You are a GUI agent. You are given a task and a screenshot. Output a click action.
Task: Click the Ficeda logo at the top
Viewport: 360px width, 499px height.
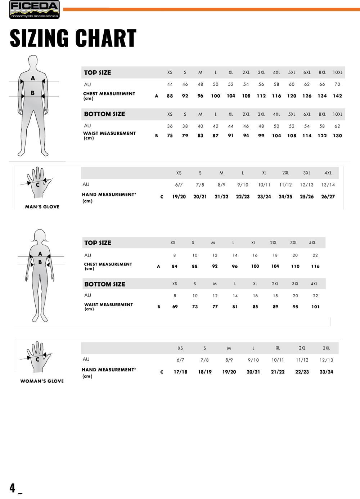tap(34, 10)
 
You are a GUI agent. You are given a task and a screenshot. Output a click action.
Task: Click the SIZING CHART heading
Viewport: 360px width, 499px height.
tap(73, 38)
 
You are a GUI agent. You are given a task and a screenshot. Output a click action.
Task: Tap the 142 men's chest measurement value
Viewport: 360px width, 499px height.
tap(337, 96)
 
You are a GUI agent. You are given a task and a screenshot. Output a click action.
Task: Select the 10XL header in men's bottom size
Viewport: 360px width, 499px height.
tap(337, 114)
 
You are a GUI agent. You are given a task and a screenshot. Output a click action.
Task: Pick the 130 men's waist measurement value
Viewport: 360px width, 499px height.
tap(337, 136)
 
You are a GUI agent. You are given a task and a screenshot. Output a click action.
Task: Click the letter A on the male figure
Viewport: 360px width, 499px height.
tap(33, 78)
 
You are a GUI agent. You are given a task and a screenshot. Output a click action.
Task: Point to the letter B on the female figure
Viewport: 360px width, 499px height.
tap(40, 262)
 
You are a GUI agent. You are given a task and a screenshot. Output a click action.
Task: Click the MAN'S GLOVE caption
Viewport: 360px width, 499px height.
tap(42, 207)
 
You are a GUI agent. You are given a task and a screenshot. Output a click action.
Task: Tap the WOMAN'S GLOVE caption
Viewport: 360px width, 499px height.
tap(42, 381)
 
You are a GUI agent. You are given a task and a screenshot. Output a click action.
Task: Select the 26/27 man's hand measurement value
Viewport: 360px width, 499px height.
tap(328, 197)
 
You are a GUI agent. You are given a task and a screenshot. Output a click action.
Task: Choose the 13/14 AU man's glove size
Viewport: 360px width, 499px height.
tap(328, 185)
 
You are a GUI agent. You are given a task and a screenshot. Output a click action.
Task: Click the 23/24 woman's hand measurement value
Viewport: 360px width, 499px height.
tap(326, 372)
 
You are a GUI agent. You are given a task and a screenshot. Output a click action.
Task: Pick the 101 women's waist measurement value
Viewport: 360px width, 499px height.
tap(315, 307)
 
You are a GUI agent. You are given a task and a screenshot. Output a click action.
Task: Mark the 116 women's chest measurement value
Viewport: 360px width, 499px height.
tap(315, 266)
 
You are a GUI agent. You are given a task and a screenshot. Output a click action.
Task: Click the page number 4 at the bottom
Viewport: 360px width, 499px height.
tap(13, 488)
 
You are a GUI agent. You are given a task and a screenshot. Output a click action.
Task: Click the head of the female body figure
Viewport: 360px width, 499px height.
tap(40, 236)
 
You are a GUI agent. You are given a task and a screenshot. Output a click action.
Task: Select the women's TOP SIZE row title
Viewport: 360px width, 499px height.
tap(98, 243)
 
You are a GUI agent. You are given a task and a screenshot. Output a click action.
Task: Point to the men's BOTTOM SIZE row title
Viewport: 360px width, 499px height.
tap(104, 114)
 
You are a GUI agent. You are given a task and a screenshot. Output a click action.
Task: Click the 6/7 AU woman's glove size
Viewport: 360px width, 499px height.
tap(180, 360)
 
